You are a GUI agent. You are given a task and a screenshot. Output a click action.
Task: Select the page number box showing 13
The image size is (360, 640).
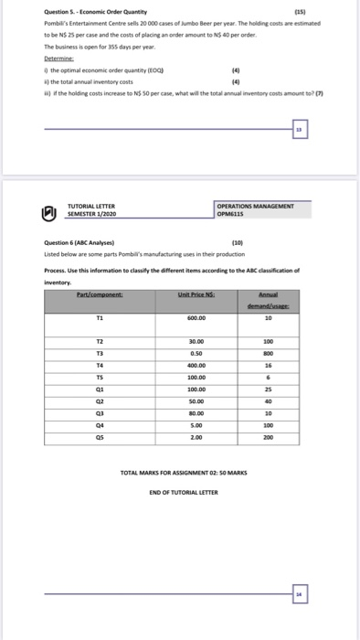[299, 131]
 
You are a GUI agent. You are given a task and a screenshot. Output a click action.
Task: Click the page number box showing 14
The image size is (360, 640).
[299, 594]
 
